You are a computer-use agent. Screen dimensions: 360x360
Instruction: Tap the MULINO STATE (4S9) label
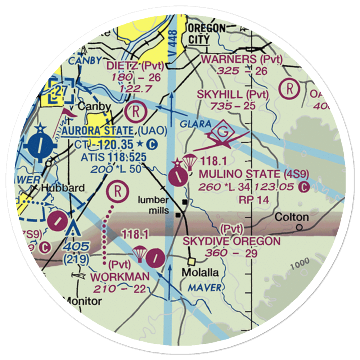(x=254, y=174)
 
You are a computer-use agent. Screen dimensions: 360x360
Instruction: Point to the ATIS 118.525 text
(x=113, y=157)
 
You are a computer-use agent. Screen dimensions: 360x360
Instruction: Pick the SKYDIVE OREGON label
(x=231, y=241)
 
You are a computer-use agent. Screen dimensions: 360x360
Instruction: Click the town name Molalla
(x=200, y=273)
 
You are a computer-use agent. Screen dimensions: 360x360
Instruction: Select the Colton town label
(x=291, y=217)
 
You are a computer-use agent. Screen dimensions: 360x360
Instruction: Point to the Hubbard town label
(x=63, y=188)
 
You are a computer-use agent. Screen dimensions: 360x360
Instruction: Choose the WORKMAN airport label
(x=120, y=277)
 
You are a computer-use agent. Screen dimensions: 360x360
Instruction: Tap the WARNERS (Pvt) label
(x=242, y=59)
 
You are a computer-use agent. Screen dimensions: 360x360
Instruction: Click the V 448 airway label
(x=173, y=40)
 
